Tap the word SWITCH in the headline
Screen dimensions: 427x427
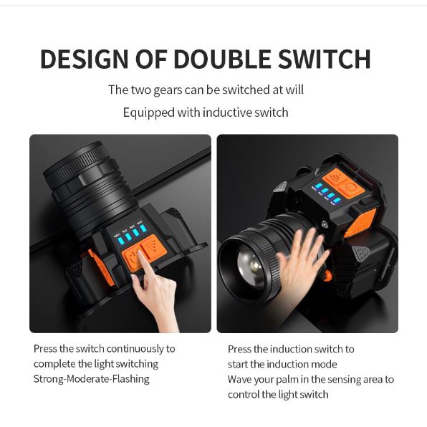click(325, 59)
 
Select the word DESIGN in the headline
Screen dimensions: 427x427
click(85, 59)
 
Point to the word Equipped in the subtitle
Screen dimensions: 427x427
click(149, 112)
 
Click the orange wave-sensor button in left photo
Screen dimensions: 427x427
click(153, 247)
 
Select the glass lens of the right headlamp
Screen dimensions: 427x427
click(251, 266)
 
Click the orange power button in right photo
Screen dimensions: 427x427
click(351, 188)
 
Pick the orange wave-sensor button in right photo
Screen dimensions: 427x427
click(335, 178)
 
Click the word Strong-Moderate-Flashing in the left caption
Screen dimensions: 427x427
click(92, 379)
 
